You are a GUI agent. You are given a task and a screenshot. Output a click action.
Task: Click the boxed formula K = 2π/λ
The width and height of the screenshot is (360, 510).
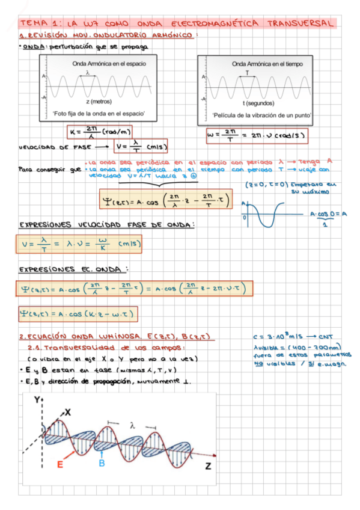click(99, 131)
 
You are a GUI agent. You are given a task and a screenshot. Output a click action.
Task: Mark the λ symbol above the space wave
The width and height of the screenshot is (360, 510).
click(88, 72)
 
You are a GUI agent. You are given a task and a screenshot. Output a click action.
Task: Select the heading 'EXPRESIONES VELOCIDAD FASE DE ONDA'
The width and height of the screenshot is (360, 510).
click(107, 226)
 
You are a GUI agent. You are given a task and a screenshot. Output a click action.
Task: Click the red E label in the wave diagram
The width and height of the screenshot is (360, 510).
click(60, 464)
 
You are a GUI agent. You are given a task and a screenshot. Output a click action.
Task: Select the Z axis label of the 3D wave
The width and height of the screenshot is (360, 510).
click(207, 466)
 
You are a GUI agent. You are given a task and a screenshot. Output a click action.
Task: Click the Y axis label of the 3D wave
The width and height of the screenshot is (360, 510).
click(37, 399)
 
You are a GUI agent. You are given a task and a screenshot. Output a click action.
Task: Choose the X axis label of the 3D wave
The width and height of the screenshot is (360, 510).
click(68, 412)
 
